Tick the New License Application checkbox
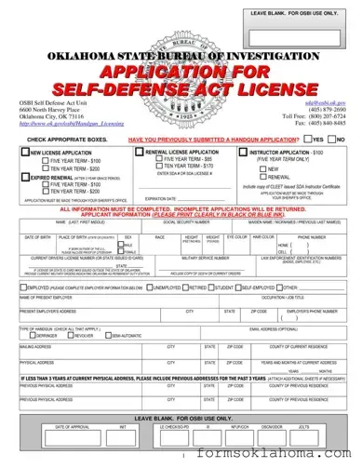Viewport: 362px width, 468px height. [x=27, y=151]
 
